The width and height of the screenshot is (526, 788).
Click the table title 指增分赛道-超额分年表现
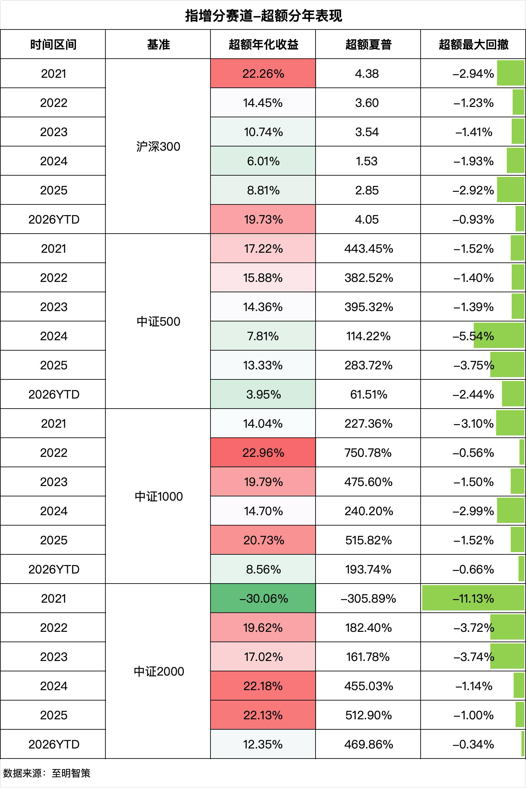pos(263,16)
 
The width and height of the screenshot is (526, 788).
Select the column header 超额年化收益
pos(263,44)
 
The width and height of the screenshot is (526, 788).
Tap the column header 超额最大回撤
pos(473,44)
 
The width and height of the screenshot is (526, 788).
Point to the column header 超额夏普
pos(368,44)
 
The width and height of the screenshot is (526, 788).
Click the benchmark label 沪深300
pos(158,146)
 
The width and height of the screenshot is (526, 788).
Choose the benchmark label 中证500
pos(158,321)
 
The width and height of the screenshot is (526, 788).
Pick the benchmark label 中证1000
pos(159,496)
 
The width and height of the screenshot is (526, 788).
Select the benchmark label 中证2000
pos(159,671)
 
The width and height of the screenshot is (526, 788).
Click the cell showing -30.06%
pos(263,599)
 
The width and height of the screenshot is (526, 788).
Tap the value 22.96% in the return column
pos(263,453)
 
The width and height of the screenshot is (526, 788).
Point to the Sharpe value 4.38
pos(367,74)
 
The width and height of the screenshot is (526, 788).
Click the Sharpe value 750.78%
pos(368,453)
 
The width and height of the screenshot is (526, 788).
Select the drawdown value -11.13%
pos(473,599)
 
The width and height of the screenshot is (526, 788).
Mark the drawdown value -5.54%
pos(473,336)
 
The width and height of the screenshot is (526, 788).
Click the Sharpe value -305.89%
pos(368,599)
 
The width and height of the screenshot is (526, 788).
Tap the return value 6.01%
pos(263,161)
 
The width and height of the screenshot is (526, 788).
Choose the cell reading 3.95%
pos(263,395)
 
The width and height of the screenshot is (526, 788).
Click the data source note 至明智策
pos(71,773)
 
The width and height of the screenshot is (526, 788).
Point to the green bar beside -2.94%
pos(510,73)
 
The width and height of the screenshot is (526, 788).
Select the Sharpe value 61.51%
pos(368,395)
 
